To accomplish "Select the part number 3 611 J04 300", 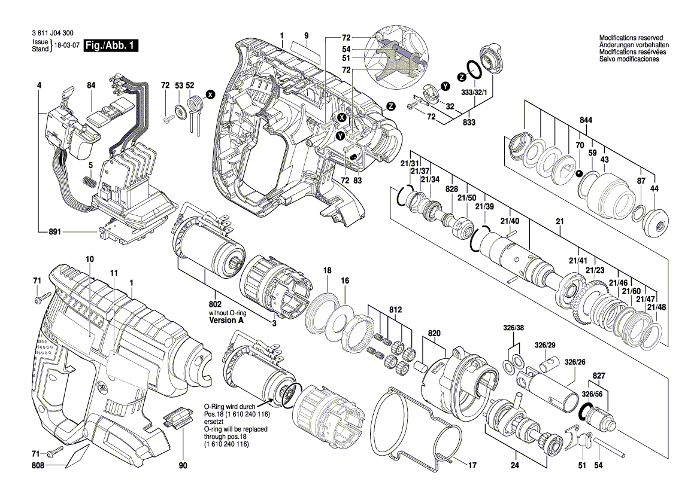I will click(x=53, y=36).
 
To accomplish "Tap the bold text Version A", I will click(x=226, y=321).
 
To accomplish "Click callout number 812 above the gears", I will click(x=396, y=310).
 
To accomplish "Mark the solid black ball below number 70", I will click(x=579, y=174).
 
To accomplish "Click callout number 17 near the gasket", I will click(x=472, y=465).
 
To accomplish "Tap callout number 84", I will click(x=90, y=86).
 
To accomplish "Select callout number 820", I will click(x=434, y=333).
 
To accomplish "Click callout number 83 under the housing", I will click(x=358, y=179).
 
